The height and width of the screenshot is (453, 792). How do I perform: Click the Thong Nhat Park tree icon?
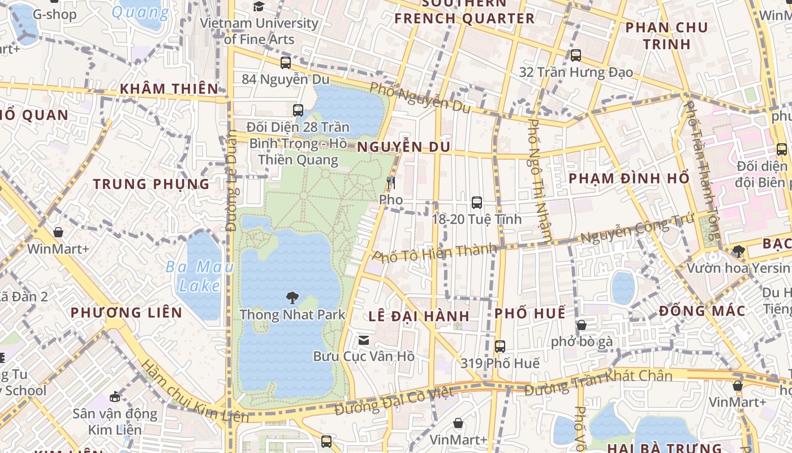292,297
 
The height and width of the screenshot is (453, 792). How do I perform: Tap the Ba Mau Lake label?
199,276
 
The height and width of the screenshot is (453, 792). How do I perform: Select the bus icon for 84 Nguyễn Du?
286,62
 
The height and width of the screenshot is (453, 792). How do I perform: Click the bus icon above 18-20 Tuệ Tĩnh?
477,202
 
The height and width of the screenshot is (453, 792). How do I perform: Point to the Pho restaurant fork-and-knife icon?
390,183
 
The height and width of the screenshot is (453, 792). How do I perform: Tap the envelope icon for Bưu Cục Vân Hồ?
364,340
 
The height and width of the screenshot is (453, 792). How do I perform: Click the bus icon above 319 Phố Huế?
500,346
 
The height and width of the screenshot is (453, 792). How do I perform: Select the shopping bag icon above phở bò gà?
581,325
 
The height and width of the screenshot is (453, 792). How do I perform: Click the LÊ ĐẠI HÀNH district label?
419,316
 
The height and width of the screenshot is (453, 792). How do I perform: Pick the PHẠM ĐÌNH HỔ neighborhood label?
629,178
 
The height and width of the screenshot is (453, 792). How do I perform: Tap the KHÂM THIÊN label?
169,88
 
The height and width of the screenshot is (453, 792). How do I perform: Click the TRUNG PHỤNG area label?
151,184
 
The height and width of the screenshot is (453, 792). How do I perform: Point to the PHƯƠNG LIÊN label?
126,312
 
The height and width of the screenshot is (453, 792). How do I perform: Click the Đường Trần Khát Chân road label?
598,383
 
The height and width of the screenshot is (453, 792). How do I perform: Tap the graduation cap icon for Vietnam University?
259,6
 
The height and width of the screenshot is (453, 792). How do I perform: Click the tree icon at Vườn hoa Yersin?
738,251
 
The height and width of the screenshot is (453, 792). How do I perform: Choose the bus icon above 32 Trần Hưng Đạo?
576,55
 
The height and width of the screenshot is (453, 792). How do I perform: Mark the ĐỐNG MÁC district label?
701,311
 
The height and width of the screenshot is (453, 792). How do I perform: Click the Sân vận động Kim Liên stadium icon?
115,396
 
